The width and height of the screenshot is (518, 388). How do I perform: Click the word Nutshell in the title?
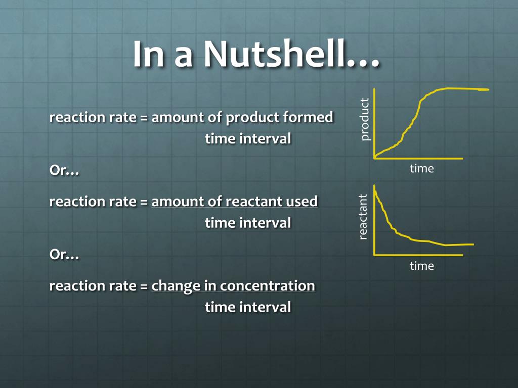[291, 54]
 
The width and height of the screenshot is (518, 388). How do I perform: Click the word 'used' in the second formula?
[301, 201]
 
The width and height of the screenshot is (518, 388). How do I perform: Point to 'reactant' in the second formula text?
[254, 201]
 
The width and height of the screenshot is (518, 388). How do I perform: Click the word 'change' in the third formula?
[176, 285]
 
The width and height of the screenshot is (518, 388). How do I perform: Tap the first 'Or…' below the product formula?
[64, 170]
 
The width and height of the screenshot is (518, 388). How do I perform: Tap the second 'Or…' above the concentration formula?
[64, 255]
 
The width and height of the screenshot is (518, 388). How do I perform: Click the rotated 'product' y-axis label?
[365, 119]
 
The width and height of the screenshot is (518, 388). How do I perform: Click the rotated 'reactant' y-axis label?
[363, 216]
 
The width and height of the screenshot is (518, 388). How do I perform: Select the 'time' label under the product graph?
[421, 169]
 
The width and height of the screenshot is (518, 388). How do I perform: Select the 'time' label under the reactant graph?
[421, 266]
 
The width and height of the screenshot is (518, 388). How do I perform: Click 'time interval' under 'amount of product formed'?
[248, 138]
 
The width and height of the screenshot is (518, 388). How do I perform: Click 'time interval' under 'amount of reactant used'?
[248, 222]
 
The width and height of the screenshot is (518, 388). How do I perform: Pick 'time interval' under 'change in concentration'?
[248, 307]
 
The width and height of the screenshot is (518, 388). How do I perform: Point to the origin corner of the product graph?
[374, 158]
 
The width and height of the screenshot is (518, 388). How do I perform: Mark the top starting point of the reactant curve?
[375, 186]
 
